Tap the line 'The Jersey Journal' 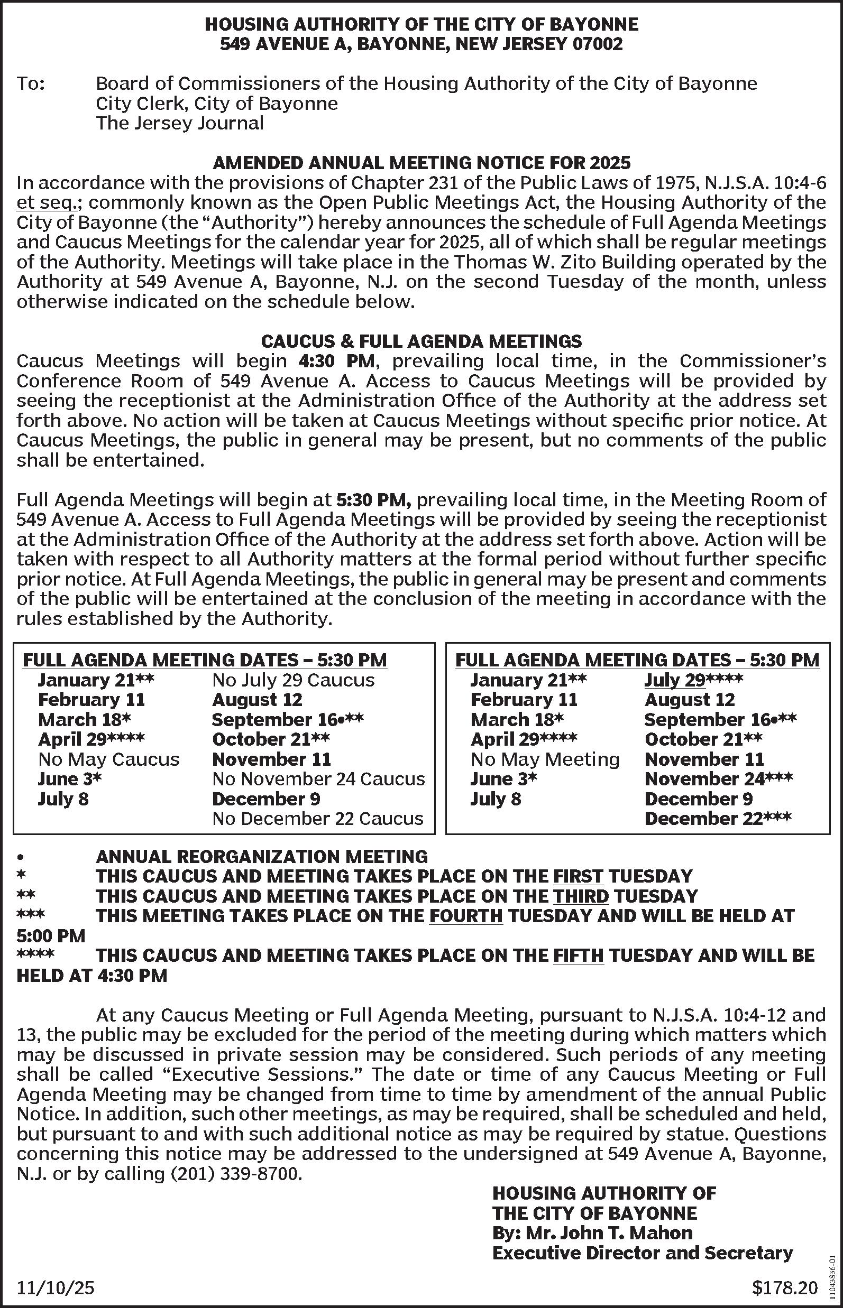click(x=180, y=123)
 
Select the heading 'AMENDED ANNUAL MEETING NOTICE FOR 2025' click(x=421, y=162)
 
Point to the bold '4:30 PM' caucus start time click(x=337, y=361)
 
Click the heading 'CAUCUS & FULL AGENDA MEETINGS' click(x=421, y=341)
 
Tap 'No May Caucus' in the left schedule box click(x=108, y=759)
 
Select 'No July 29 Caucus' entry click(x=294, y=680)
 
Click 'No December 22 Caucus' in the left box click(x=317, y=819)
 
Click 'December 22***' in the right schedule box click(x=717, y=819)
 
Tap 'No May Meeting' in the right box click(x=545, y=759)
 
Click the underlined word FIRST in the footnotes click(x=578, y=876)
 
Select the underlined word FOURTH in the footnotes click(x=466, y=916)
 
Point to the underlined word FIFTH click(x=578, y=956)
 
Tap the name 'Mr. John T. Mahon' click(x=609, y=1233)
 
